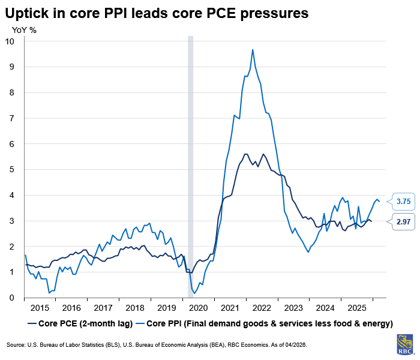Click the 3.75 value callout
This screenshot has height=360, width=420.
coord(403,202)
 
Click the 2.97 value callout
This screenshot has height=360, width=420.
coord(403,221)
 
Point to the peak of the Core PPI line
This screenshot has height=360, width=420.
coord(253,50)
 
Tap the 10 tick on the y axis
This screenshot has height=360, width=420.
coord(10,41)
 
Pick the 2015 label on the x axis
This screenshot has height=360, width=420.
coord(40,308)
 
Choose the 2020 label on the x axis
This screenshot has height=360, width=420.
coord(198,308)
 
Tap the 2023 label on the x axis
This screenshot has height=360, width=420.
coord(293,308)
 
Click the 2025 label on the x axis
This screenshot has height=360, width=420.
coord(356,308)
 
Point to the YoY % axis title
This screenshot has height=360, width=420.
coord(25,29)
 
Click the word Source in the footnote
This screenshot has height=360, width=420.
coord(16,346)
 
